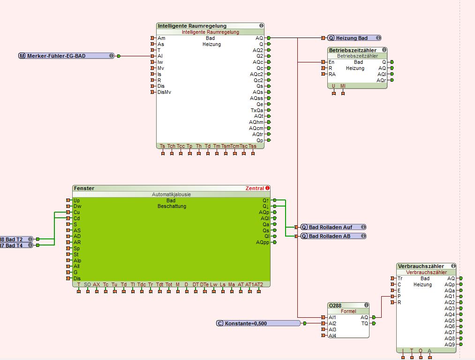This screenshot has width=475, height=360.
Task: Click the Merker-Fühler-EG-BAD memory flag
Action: [66, 56]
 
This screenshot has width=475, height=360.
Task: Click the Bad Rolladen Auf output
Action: [333, 227]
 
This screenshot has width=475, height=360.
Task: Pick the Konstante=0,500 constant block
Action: [258, 323]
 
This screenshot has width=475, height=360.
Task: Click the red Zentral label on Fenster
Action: [255, 188]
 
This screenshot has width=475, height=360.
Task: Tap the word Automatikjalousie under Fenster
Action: [171, 194]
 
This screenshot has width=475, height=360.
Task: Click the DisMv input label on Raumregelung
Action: [164, 92]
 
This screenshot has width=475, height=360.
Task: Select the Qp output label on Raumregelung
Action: [259, 140]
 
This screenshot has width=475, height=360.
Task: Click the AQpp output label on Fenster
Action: [263, 243]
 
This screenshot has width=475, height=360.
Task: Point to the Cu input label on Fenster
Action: [76, 212]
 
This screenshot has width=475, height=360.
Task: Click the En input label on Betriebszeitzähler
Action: [332, 62]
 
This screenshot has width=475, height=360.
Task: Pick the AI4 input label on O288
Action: [332, 336]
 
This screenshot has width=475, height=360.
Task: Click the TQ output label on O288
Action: [364, 323]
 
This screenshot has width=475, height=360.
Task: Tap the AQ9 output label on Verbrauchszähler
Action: [450, 345]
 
